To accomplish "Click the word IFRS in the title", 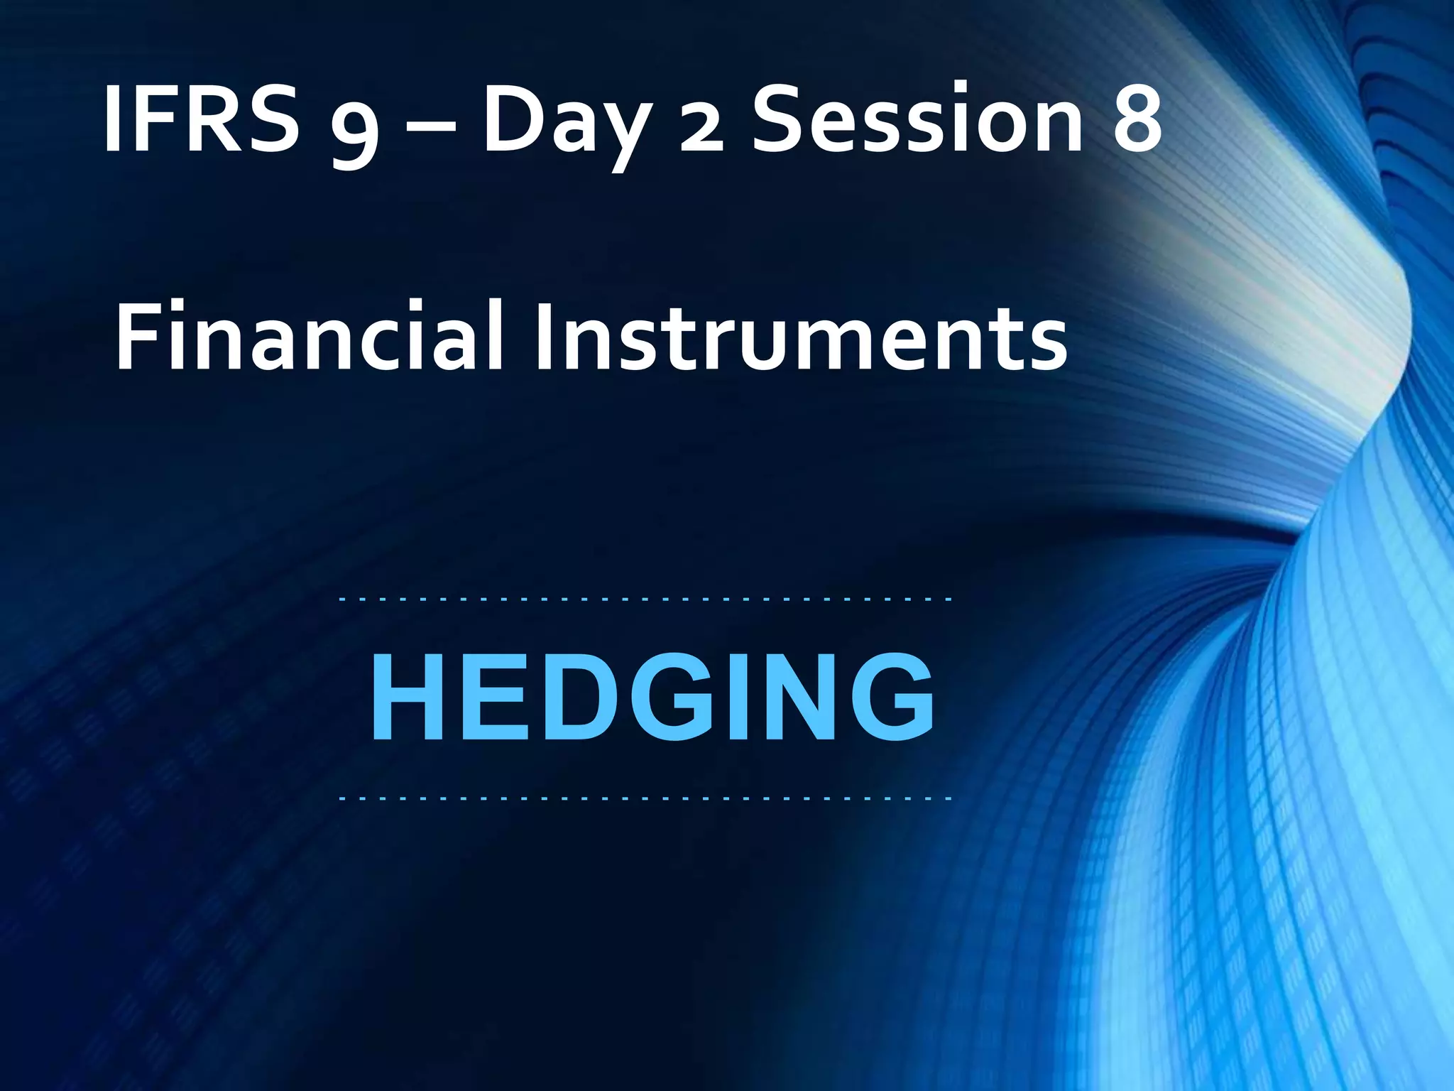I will [x=200, y=118].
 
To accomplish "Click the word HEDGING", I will [x=652, y=698].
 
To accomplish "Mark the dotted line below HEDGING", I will [x=645, y=799].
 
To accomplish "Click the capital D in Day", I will [x=513, y=118].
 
